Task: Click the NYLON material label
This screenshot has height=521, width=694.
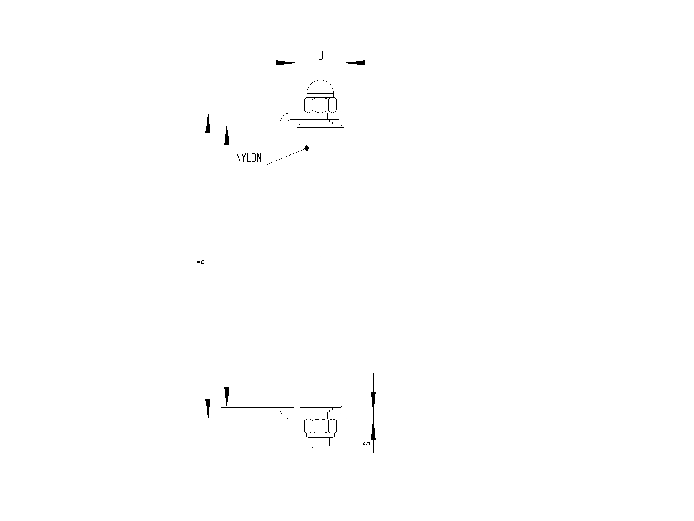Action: pyautogui.click(x=249, y=158)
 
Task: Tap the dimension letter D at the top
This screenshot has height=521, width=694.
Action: pyautogui.click(x=320, y=55)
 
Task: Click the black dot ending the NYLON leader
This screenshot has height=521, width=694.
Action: pyautogui.click(x=307, y=148)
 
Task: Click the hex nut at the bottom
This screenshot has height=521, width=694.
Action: pyautogui.click(x=320, y=427)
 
